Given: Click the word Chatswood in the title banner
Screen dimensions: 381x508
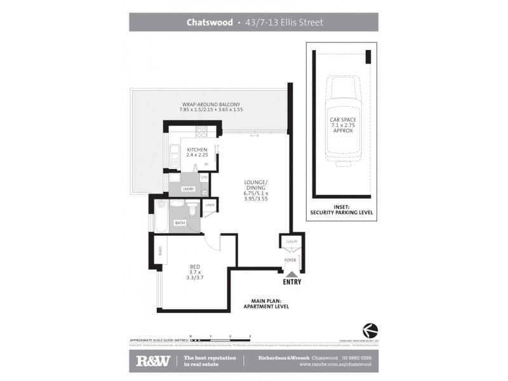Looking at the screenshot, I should pos(208,22).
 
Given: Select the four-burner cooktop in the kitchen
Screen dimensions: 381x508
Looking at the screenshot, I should pos(201,133).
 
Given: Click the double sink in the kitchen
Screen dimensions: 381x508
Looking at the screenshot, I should pos(174,154).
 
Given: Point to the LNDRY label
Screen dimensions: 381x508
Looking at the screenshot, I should pos(189,189).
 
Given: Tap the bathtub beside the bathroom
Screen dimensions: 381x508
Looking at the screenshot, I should pos(161,215).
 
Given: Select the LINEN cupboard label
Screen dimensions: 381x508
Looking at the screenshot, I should pos(210,204).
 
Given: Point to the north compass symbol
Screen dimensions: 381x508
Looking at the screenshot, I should pos(370,330).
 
